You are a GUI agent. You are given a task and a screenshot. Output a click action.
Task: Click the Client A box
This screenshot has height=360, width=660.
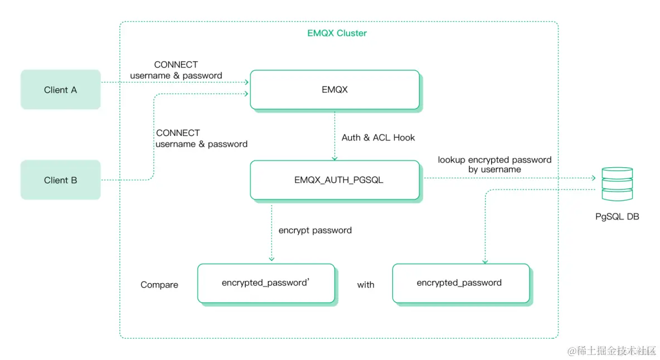(x=60, y=90)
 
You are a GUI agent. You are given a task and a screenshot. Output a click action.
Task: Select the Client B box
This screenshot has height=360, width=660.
(x=60, y=180)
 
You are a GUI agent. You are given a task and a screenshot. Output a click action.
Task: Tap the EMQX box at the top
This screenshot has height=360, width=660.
(x=334, y=89)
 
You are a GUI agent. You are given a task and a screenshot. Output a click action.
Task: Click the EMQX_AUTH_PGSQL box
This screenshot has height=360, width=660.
(x=334, y=180)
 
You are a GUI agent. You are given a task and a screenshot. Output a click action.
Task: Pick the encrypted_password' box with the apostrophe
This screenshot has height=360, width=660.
(x=266, y=283)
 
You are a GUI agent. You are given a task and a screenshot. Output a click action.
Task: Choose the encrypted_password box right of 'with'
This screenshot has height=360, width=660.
(x=460, y=283)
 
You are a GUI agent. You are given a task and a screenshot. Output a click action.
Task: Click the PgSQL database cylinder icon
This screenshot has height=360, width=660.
(x=617, y=184)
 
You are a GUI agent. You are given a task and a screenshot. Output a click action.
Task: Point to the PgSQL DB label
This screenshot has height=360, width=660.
(x=617, y=217)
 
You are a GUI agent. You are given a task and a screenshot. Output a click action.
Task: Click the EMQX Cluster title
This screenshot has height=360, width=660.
(x=337, y=33)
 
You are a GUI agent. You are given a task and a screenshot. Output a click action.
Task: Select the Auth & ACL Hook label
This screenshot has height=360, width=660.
(x=378, y=138)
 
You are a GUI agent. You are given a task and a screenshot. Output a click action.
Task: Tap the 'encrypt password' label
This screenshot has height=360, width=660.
(x=315, y=230)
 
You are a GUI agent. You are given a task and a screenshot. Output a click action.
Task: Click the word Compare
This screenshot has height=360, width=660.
(x=159, y=285)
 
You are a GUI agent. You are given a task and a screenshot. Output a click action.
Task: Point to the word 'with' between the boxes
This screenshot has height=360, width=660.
(x=366, y=285)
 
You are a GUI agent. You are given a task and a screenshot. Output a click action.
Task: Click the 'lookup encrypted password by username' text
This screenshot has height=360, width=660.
(x=494, y=164)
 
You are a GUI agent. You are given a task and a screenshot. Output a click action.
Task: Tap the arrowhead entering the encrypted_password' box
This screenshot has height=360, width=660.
(x=271, y=259)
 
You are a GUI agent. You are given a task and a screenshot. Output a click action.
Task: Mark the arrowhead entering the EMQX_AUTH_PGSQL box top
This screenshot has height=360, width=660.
(x=334, y=157)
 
